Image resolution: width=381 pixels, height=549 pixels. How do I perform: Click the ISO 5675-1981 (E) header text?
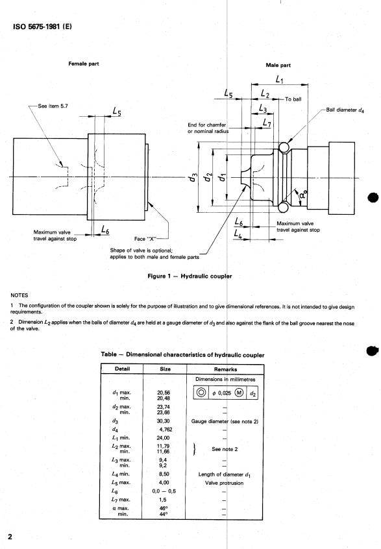[42, 27]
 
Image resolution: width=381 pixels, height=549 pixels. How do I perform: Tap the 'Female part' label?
[83, 64]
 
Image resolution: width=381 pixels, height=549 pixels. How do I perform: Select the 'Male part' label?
[278, 65]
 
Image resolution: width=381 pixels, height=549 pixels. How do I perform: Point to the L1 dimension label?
[280, 79]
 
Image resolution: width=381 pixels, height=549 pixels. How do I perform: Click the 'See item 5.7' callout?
[53, 106]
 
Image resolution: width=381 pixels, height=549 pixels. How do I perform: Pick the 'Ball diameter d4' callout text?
[345, 110]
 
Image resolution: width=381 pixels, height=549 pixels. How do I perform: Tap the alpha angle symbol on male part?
[303, 193]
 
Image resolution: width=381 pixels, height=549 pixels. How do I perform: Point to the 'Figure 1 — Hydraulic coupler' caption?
[190, 276]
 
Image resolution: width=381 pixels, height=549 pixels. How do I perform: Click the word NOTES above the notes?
[19, 295]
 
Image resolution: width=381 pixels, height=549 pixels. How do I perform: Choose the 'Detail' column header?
[122, 369]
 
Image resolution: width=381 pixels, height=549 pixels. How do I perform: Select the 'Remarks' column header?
[225, 369]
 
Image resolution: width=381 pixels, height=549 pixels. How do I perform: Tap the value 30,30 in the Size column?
[164, 421]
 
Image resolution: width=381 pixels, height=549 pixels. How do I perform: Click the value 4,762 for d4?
[166, 429]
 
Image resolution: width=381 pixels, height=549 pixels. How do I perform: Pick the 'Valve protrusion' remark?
[224, 483]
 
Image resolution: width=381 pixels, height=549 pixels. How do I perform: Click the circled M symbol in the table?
[239, 393]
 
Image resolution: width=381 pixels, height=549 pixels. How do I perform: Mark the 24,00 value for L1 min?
[163, 437]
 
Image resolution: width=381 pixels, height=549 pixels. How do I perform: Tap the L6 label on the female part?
[105, 229]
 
